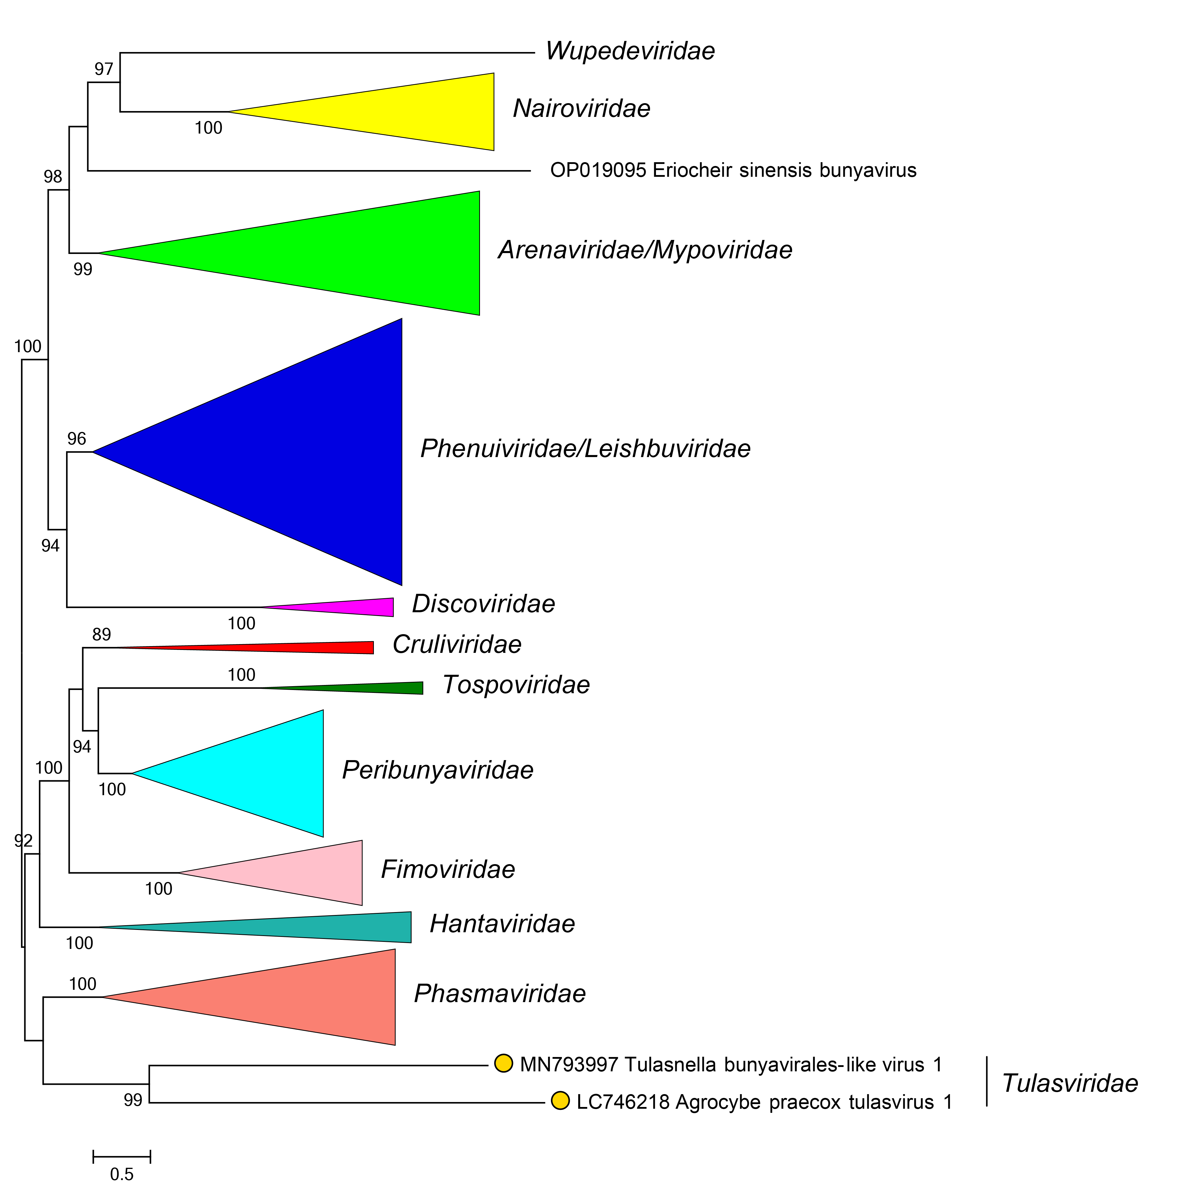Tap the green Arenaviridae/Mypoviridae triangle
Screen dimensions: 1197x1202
click(x=373, y=253)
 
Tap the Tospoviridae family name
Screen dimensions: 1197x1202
click(x=516, y=685)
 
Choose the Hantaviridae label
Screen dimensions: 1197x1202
click(x=502, y=924)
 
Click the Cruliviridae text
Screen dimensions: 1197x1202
click(x=457, y=645)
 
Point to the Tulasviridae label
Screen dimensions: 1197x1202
click(x=1070, y=1083)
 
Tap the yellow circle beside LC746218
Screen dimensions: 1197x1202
click(x=561, y=1101)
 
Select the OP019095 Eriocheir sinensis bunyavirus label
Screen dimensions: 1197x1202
click(x=733, y=170)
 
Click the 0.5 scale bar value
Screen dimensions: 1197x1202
click(x=122, y=1174)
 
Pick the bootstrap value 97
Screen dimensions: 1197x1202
click(x=104, y=69)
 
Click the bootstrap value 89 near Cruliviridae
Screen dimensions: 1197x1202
click(x=101, y=634)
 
